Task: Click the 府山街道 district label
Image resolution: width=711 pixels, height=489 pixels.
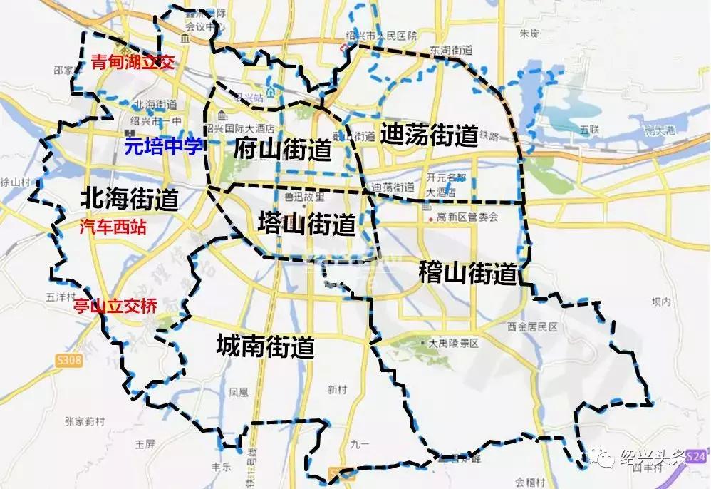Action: click(x=282, y=150)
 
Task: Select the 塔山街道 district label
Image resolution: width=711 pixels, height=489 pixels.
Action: click(x=307, y=225)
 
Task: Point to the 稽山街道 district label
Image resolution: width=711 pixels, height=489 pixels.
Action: click(x=467, y=272)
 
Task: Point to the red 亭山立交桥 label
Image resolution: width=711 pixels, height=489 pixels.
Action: click(x=115, y=307)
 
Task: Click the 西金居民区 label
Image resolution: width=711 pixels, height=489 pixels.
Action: click(x=532, y=326)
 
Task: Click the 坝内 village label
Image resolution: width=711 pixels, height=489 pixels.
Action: click(x=662, y=302)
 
